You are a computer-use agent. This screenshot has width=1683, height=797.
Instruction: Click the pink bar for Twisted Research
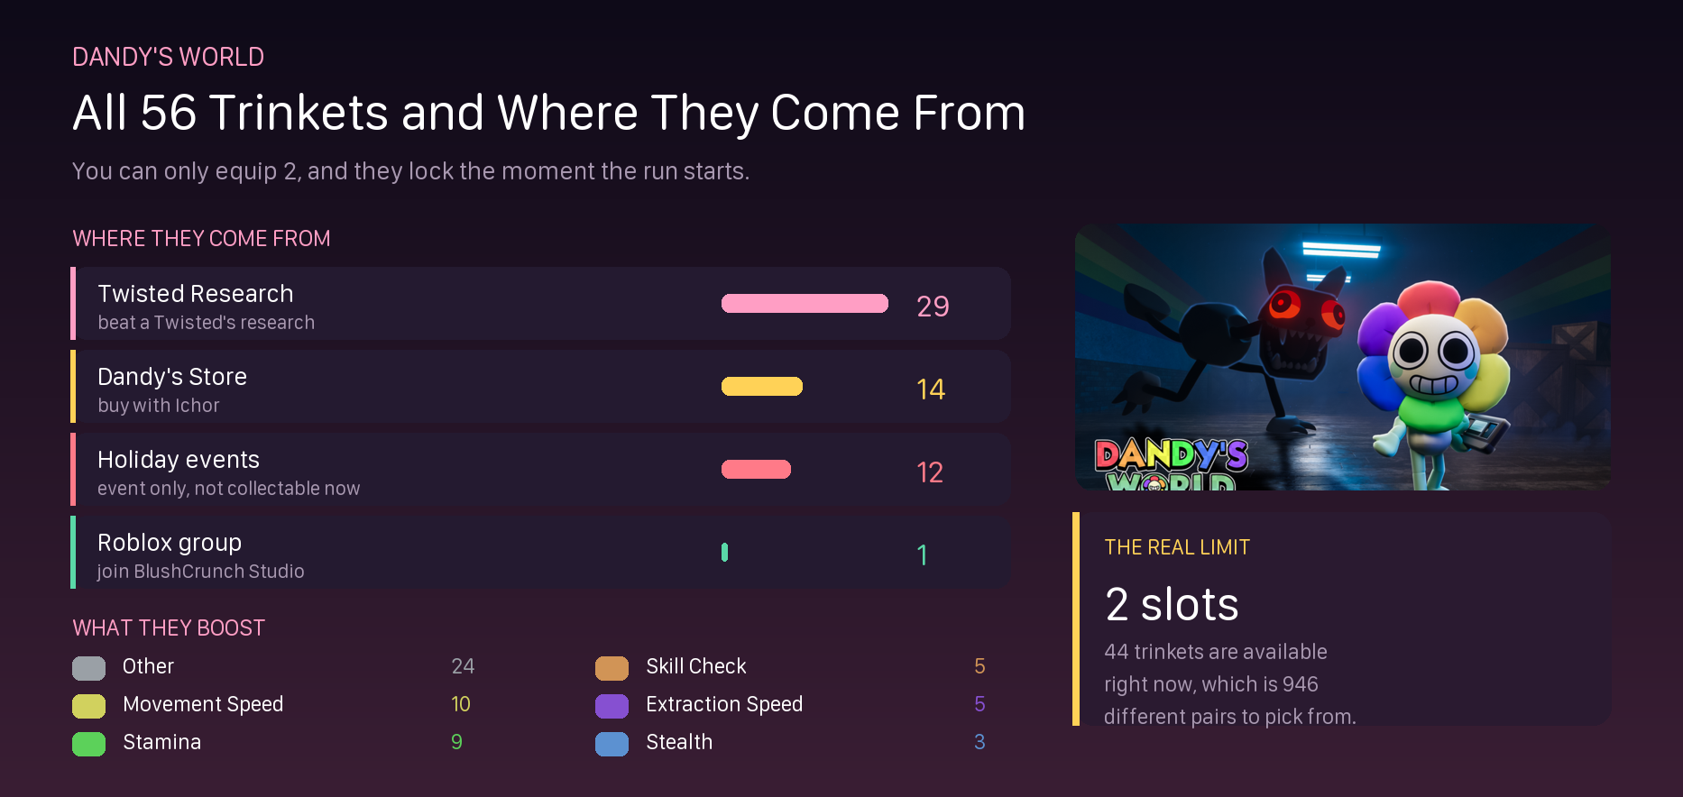(805, 304)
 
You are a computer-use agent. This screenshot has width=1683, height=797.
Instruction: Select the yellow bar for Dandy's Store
(762, 387)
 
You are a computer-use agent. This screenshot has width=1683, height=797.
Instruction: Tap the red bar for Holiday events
(756, 470)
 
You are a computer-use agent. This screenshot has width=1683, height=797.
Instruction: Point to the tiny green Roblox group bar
(724, 553)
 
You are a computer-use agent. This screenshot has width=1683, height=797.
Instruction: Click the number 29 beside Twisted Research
(933, 307)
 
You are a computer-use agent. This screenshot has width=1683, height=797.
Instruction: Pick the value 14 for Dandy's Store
(931, 389)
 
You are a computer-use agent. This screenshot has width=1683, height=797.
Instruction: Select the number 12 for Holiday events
(930, 472)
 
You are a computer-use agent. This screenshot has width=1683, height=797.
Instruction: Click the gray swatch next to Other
(88, 668)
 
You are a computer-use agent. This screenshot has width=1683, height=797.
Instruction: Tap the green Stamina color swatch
(88, 744)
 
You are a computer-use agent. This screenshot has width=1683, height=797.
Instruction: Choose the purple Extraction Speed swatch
(612, 706)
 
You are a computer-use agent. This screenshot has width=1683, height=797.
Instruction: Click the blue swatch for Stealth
(612, 744)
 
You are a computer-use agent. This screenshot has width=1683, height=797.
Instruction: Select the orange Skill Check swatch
(612, 668)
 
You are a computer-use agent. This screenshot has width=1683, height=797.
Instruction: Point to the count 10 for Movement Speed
(461, 704)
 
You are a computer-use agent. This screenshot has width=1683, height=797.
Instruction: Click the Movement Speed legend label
(203, 704)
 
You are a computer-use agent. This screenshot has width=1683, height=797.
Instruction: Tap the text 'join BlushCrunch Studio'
(201, 572)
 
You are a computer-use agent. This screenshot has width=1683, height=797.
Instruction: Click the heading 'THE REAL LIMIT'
(1177, 547)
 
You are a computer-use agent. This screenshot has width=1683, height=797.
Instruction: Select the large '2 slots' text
(1172, 604)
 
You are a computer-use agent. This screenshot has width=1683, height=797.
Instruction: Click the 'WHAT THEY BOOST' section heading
(169, 628)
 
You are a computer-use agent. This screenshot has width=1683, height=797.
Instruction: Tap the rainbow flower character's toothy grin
(1433, 383)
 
